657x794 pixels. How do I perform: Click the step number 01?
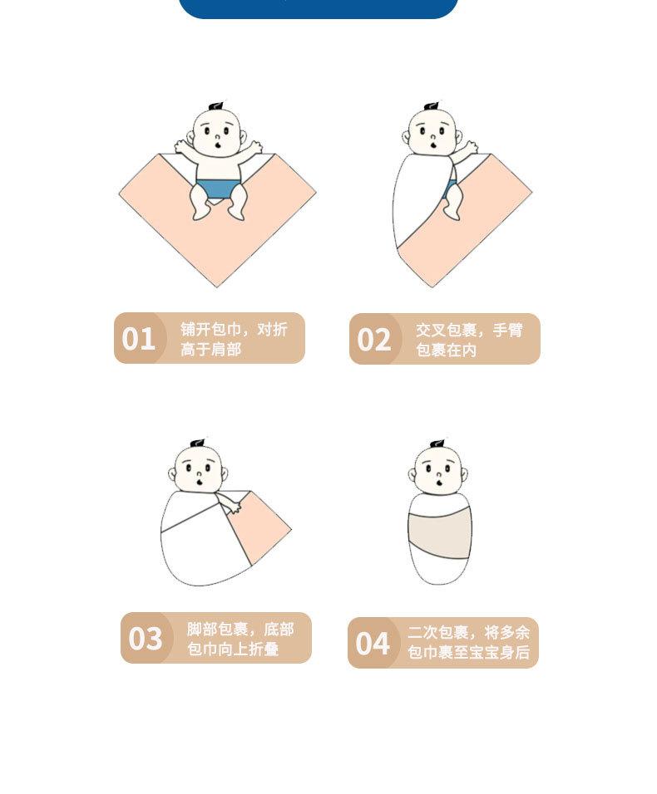[x=138, y=339]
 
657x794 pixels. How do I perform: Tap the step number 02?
[x=374, y=339]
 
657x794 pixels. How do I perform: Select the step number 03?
[x=146, y=638]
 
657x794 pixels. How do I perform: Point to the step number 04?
[x=373, y=643]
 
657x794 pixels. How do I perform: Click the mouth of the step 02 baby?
[x=433, y=145]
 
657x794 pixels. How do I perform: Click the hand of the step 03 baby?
[x=234, y=507]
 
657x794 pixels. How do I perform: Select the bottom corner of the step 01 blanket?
[x=218, y=287]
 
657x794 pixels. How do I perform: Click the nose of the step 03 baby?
[x=199, y=474]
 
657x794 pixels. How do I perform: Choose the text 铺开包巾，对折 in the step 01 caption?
[x=234, y=329]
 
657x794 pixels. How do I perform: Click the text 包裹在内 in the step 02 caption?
[x=446, y=350]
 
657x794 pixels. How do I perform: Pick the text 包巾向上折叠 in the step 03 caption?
[x=233, y=649]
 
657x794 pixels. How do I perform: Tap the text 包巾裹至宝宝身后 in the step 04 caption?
[x=468, y=653]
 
